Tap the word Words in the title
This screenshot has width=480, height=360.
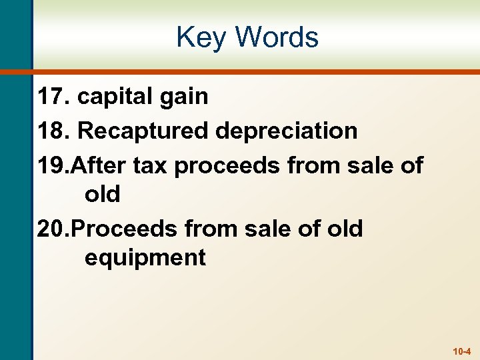(276, 37)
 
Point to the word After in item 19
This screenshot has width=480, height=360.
(99, 165)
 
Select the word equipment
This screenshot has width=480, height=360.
(145, 258)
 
